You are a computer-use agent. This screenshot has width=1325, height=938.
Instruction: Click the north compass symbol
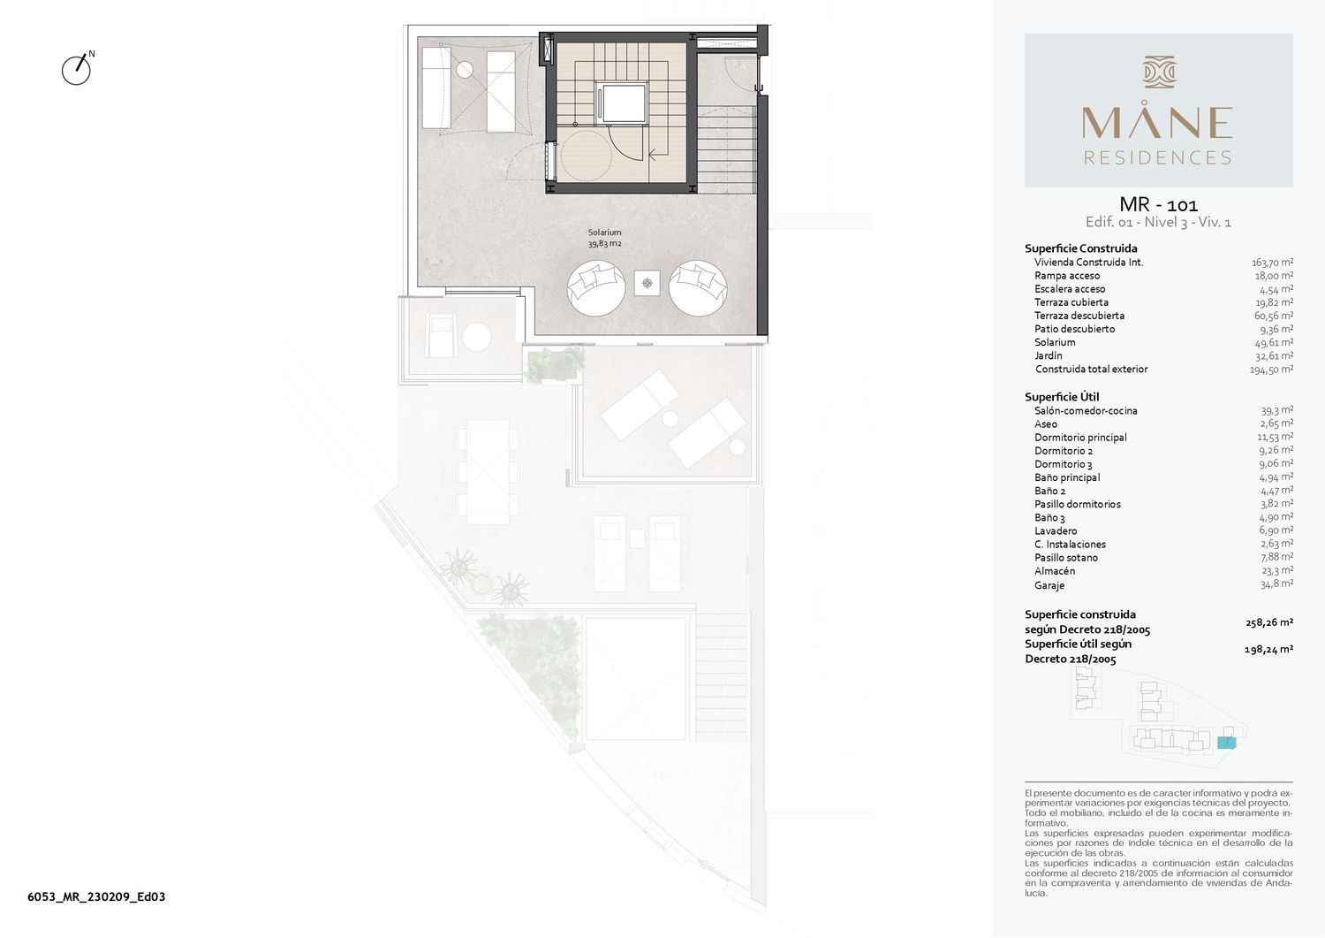(77, 69)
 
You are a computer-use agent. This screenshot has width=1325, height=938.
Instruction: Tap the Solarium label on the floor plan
(604, 233)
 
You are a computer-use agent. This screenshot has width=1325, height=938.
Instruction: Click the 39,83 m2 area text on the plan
(604, 243)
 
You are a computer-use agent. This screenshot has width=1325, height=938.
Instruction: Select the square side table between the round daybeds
(647, 283)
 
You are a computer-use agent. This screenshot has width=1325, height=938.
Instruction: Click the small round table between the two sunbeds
(465, 70)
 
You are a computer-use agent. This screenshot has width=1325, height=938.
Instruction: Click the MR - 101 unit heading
(1158, 204)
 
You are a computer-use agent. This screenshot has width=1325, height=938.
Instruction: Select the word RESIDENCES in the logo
(1157, 157)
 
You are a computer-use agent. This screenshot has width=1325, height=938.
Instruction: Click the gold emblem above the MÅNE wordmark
(1159, 72)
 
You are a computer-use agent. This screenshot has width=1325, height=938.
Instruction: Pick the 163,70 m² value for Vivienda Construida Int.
(1272, 263)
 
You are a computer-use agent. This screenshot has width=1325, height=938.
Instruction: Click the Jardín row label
(1049, 355)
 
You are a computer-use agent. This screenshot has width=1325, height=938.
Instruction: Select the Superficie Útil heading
(1062, 397)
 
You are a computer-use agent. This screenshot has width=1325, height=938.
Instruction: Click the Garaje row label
(1049, 585)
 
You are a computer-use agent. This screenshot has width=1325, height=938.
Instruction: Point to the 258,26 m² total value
(1268, 622)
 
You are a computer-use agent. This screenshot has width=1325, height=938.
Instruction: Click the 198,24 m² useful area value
(1268, 650)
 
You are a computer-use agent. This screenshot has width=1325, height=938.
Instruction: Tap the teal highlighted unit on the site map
(1227, 743)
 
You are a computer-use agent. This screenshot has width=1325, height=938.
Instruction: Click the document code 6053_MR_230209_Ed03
(96, 896)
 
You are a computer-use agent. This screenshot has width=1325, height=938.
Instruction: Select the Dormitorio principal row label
(1080, 438)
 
